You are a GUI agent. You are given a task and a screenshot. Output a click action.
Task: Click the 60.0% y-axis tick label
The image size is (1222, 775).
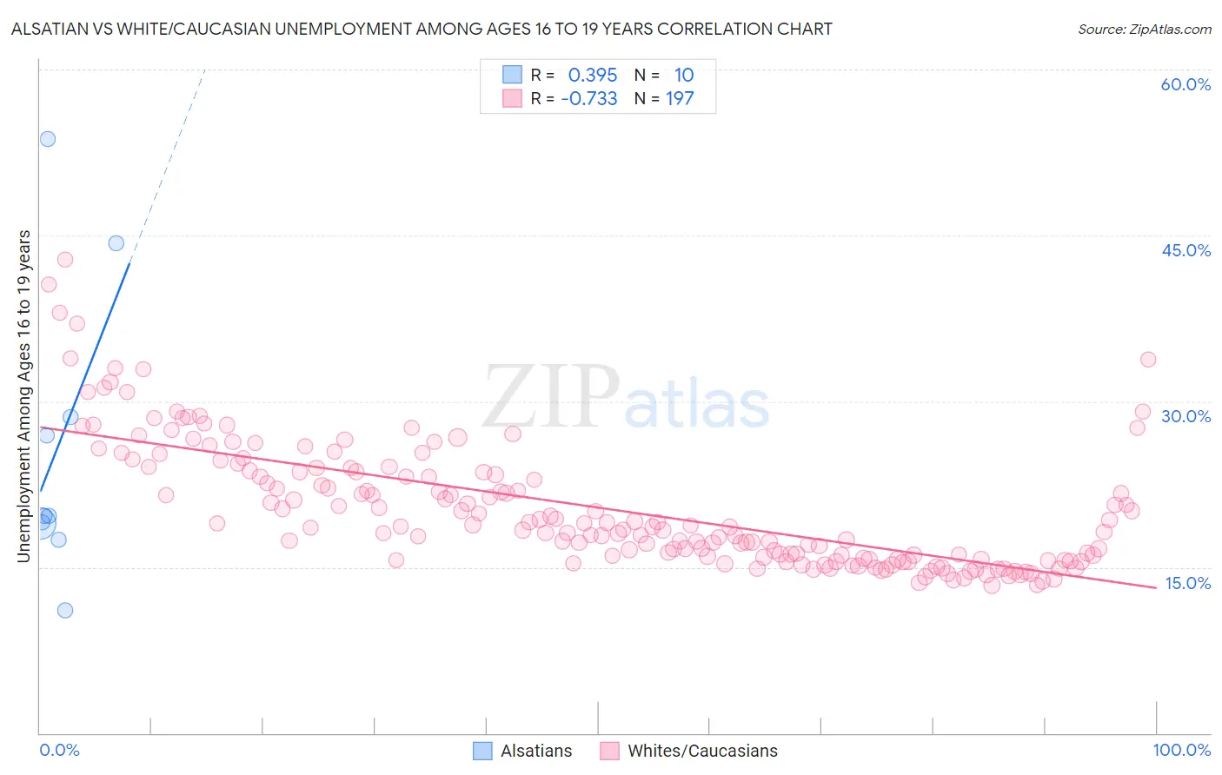click(x=1185, y=84)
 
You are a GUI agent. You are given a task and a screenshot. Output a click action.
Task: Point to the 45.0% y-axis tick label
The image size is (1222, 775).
click(x=1185, y=250)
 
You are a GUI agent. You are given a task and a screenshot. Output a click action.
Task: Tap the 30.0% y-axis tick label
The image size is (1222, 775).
click(x=1185, y=416)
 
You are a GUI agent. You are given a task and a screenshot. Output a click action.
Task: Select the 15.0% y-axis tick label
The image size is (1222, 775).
click(x=1187, y=583)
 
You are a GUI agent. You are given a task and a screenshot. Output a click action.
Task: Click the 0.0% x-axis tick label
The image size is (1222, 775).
click(x=59, y=750)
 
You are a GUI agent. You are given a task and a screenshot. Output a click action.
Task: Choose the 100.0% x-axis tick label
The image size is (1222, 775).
click(x=1181, y=750)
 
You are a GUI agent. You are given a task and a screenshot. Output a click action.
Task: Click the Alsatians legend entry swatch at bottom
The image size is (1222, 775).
click(x=482, y=751)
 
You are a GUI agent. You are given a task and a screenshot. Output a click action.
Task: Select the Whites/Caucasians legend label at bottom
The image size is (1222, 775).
click(x=702, y=751)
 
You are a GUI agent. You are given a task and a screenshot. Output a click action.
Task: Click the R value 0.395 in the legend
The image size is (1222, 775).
click(x=593, y=75)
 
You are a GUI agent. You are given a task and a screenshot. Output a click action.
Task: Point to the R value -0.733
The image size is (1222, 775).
click(x=589, y=98)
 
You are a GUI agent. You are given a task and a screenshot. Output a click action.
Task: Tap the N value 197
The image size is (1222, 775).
click(x=680, y=98)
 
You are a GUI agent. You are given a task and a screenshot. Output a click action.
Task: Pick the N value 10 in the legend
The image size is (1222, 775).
click(x=684, y=75)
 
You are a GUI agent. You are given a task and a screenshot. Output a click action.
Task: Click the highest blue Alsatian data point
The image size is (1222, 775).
click(x=48, y=139)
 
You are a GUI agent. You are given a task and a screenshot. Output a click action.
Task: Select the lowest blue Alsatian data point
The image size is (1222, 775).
click(x=65, y=610)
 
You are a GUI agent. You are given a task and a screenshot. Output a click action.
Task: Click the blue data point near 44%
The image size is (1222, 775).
click(x=116, y=243)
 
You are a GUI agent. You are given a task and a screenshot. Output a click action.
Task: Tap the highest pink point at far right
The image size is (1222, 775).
click(x=1148, y=360)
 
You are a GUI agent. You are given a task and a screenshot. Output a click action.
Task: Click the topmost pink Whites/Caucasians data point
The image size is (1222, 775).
click(x=65, y=260)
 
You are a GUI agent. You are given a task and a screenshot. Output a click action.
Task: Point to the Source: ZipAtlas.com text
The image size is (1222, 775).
click(x=1144, y=29)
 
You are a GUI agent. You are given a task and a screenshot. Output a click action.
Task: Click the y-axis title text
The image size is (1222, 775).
click(x=24, y=395)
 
